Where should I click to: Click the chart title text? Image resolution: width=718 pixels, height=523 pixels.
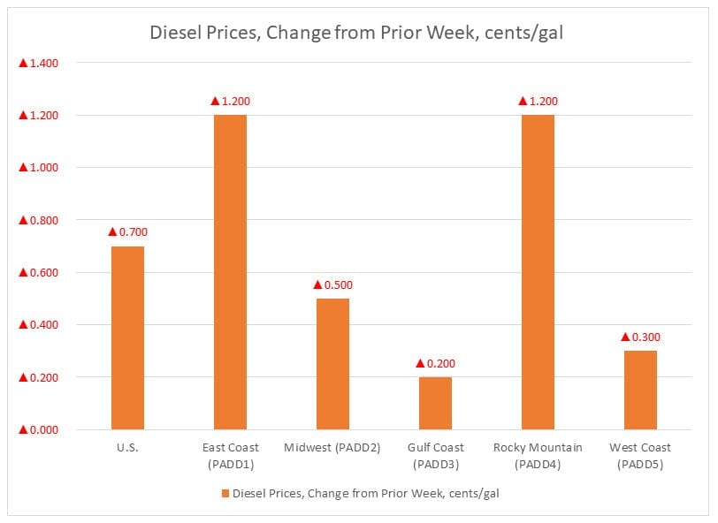point(358,34)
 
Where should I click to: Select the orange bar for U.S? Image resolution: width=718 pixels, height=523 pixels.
point(127,337)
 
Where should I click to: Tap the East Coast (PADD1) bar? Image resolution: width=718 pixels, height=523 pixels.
point(230,272)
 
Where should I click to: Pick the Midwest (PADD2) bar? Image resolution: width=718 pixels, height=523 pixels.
point(332,364)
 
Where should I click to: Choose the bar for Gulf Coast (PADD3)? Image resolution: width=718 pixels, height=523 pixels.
point(435,403)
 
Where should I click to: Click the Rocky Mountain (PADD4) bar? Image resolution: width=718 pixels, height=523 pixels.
point(538,272)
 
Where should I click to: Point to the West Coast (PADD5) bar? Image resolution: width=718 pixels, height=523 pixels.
point(640,390)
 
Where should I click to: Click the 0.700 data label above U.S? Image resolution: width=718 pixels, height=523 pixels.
point(127,231)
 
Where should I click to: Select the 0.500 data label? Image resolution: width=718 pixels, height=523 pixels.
point(332,284)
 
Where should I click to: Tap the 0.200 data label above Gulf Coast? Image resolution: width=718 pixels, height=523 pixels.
point(435,363)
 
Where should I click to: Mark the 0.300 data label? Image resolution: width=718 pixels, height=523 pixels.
point(640,337)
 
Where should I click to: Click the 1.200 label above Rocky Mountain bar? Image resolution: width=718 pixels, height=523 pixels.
point(538,101)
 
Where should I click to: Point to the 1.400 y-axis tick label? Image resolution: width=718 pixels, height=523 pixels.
point(39,63)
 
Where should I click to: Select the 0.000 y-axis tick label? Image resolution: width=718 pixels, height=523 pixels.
point(39,430)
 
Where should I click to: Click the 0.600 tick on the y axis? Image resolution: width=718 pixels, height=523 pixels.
point(39,273)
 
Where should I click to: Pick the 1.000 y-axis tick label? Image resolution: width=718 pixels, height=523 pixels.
point(39,168)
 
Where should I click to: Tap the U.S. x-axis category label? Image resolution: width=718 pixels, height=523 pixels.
point(127,448)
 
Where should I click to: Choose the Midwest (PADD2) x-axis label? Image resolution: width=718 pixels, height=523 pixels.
point(332,448)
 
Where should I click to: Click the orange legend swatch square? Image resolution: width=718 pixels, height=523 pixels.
point(225,494)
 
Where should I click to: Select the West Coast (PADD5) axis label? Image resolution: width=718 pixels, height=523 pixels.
point(640,455)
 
